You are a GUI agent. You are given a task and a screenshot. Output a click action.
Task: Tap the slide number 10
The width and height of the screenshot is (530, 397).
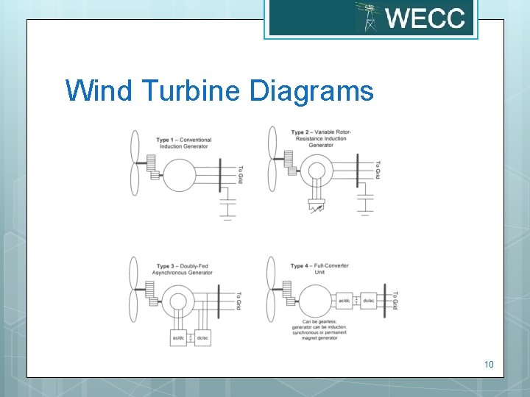(x=489, y=365)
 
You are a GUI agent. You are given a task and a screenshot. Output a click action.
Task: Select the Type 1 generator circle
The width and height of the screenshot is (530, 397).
(x=179, y=174)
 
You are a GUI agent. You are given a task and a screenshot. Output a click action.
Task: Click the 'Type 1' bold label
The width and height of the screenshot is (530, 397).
(x=166, y=140)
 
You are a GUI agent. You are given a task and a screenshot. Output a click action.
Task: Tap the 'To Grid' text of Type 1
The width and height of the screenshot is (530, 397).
(x=240, y=173)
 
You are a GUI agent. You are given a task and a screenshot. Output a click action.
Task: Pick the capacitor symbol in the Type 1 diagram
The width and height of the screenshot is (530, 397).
(x=227, y=201)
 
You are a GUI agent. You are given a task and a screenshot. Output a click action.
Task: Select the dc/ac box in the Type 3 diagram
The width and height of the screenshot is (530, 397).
(x=202, y=337)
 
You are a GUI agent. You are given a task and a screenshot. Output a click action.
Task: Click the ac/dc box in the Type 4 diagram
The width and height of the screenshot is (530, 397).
(x=344, y=300)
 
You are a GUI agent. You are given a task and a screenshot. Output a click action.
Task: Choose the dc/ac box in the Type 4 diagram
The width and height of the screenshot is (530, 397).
(x=369, y=300)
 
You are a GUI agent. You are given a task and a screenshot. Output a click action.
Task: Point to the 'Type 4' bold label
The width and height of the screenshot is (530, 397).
(x=300, y=265)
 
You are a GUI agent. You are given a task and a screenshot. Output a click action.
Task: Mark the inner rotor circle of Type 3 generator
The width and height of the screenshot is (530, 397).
(x=179, y=301)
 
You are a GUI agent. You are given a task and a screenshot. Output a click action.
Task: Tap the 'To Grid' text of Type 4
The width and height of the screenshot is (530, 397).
(x=395, y=300)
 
